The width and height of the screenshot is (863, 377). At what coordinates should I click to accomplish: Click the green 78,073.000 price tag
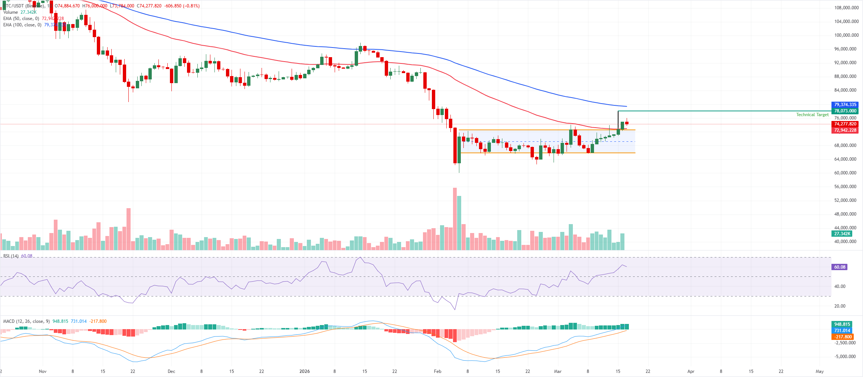click(845, 111)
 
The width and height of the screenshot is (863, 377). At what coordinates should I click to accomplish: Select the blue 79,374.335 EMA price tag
click(845, 105)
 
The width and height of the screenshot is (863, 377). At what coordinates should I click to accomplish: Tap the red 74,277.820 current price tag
click(845, 124)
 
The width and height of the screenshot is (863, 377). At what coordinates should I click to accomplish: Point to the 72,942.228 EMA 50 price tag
click(845, 130)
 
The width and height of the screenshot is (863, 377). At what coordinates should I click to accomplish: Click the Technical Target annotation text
click(812, 115)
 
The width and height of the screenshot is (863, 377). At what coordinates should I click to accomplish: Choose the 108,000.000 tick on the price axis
click(846, 8)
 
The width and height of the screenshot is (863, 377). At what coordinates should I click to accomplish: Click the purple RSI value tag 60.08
click(840, 267)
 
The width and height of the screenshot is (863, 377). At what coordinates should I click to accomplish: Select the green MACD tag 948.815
click(842, 324)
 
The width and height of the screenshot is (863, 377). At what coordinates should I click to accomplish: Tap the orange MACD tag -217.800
click(843, 337)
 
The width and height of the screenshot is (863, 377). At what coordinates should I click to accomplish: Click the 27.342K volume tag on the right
click(842, 234)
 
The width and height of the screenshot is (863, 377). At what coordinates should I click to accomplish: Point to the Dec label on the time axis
click(171, 371)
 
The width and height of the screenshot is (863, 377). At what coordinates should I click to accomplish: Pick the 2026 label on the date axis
click(304, 371)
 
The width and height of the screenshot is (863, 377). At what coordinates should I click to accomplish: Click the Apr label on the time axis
click(690, 371)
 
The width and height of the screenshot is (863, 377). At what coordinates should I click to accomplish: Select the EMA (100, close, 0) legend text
click(22, 25)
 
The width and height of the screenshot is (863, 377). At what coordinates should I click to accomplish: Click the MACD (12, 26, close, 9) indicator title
click(26, 321)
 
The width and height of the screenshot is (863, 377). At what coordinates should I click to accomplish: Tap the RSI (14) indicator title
click(11, 256)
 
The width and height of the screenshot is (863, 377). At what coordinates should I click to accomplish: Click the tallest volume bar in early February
click(455, 219)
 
